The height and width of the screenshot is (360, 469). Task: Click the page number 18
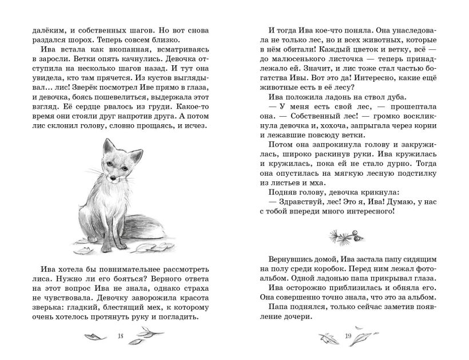120,335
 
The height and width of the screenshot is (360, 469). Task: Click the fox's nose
112,178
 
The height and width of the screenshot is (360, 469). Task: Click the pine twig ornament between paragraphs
348,233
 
